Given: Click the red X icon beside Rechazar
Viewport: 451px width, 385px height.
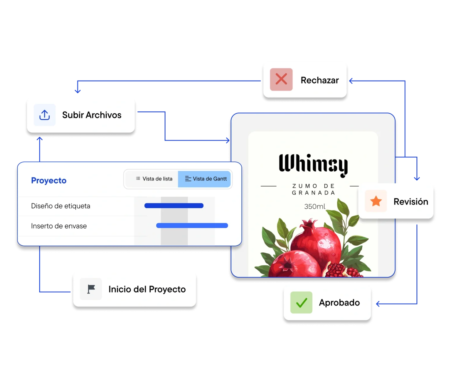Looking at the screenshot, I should (281, 79).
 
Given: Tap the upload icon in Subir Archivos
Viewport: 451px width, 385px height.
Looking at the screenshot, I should (44, 115).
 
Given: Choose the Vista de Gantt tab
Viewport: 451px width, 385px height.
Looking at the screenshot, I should (206, 179).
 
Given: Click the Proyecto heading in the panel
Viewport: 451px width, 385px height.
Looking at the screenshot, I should (49, 180).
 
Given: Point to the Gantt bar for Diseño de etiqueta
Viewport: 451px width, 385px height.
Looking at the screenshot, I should (174, 206).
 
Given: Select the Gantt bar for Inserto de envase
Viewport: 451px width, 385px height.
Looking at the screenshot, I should (192, 226).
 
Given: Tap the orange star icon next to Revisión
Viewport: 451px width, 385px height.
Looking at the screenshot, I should (376, 201).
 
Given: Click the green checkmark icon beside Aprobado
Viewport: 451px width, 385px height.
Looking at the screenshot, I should (301, 302).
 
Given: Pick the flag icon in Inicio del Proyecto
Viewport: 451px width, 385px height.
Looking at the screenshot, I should (91, 289).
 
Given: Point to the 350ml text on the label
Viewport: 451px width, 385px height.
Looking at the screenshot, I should (314, 207).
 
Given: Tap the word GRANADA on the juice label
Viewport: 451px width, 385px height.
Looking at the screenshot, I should (313, 193).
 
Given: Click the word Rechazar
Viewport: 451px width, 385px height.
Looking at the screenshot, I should (320, 80).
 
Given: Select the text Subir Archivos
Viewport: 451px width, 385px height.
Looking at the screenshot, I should (92, 115).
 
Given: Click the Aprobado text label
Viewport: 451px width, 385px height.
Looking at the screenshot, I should (339, 302).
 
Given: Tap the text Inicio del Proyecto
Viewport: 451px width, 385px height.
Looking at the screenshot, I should (147, 289).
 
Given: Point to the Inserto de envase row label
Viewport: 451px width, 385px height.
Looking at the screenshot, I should (59, 226).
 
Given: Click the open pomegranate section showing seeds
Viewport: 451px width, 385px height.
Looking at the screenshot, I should (338, 269).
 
